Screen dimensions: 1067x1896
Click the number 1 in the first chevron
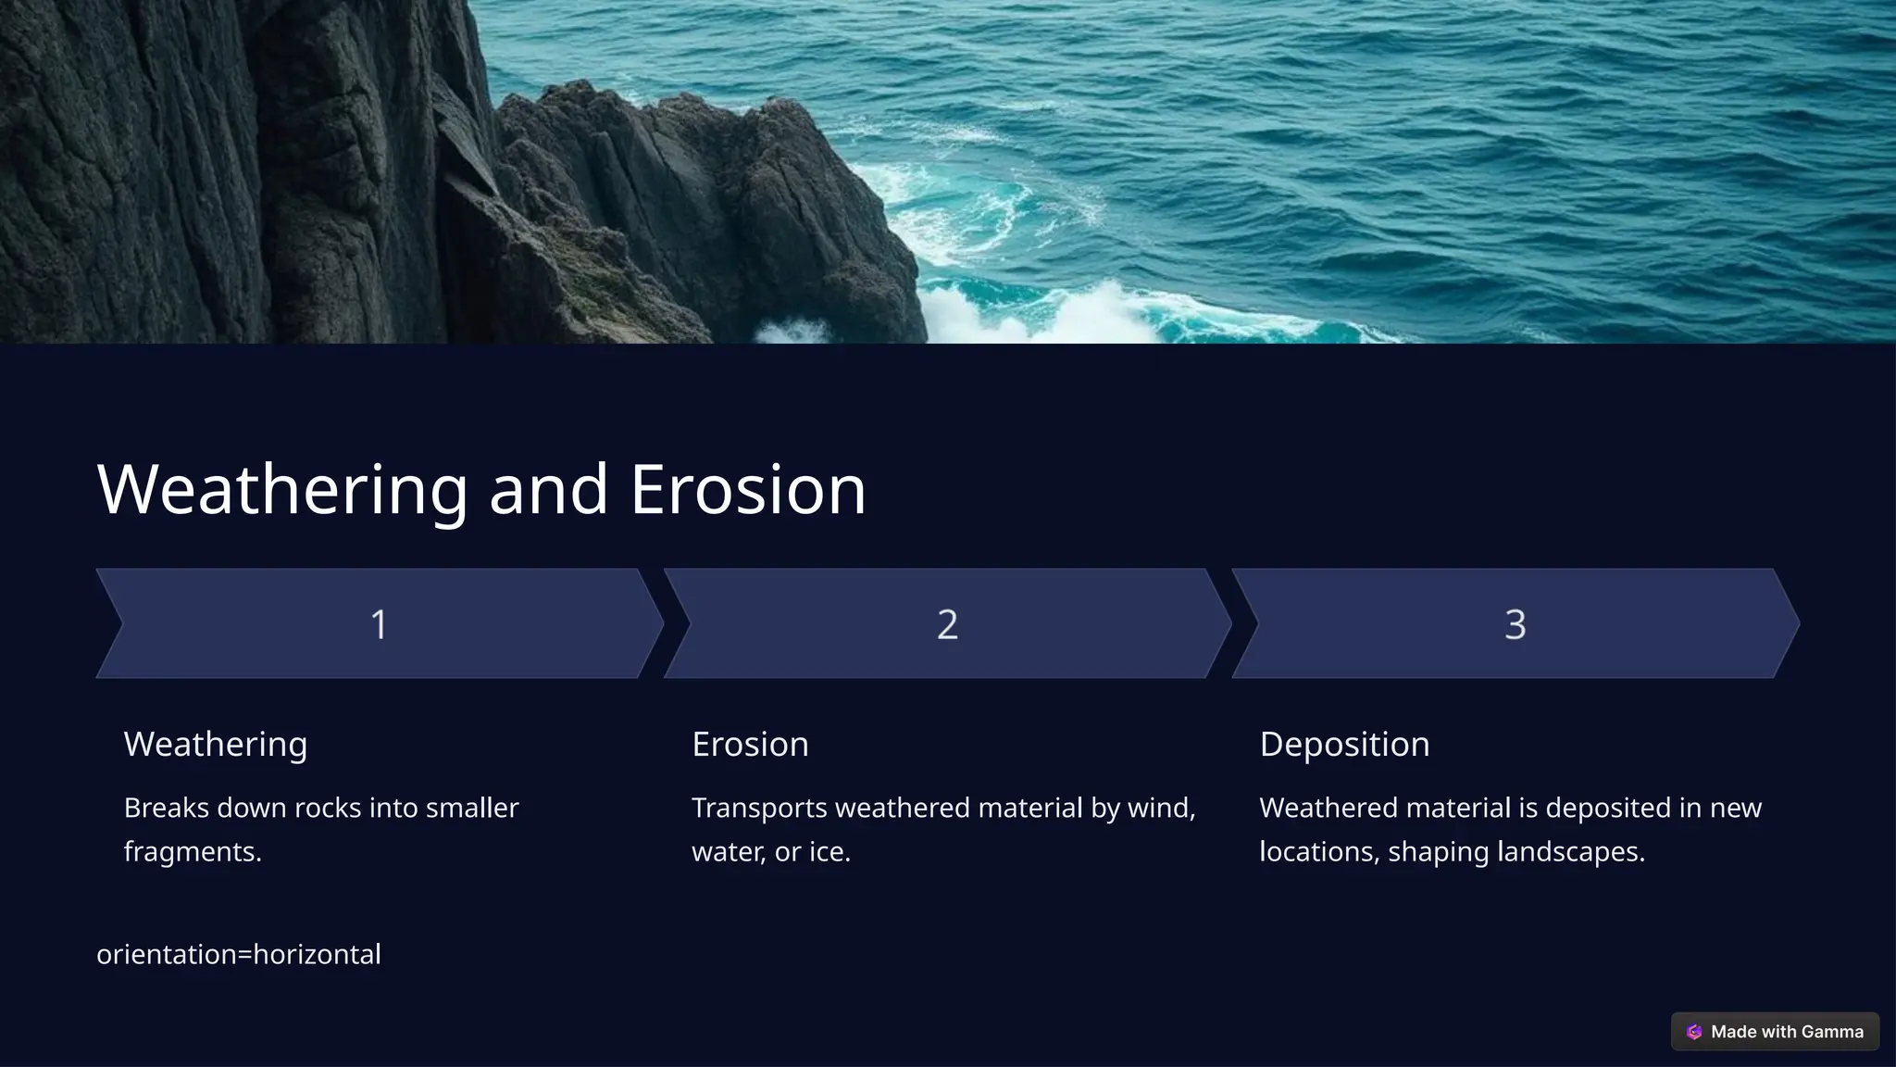pos(379,624)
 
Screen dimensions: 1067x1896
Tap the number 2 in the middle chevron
pos(947,624)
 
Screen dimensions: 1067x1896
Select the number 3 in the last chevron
pos(1515,624)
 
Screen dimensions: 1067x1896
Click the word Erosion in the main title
pos(748,489)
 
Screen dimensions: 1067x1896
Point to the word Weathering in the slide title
pos(282,489)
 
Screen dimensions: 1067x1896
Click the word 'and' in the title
pos(548,489)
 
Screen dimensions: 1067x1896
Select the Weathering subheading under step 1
pos(216,744)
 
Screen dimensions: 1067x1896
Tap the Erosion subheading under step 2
pos(750,744)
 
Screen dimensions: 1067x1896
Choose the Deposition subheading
pos(1344,744)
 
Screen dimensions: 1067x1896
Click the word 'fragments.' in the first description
pos(193,851)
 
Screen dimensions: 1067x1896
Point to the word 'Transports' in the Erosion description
pos(759,808)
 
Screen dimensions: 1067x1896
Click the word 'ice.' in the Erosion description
pos(829,851)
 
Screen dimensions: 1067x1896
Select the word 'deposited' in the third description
pos(1607,808)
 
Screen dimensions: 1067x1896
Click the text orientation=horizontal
pos(239,954)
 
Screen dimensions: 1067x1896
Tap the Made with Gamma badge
pos(1775,1032)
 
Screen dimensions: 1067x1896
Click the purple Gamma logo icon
pos(1694,1032)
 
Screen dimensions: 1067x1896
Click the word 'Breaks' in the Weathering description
pos(166,808)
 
